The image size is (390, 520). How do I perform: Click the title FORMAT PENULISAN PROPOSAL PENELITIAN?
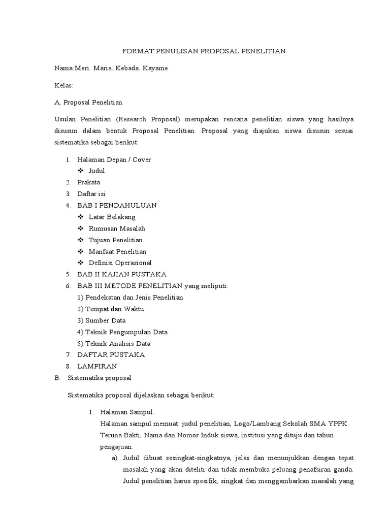pyautogui.click(x=205, y=51)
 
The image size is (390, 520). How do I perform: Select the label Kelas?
pyautogui.click(x=64, y=85)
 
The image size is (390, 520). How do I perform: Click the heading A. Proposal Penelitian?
pyautogui.click(x=88, y=102)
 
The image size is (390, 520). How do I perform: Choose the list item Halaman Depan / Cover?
pyautogui.click(x=114, y=159)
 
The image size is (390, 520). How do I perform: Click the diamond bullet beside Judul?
pyautogui.click(x=81, y=171)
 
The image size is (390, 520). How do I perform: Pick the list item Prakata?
pyautogui.click(x=89, y=182)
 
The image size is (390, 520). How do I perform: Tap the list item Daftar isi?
pyautogui.click(x=91, y=193)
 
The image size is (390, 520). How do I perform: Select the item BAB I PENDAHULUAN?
pyautogui.click(x=117, y=205)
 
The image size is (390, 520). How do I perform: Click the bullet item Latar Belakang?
pyautogui.click(x=112, y=217)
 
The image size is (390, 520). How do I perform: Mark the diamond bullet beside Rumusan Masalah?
pyautogui.click(x=81, y=229)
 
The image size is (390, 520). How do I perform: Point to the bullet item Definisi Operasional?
pyautogui.click(x=120, y=263)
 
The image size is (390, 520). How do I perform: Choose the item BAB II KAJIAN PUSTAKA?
pyautogui.click(x=122, y=274)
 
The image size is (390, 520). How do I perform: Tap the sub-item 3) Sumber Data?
pyautogui.click(x=102, y=320)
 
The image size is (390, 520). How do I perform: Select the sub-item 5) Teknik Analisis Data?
pyautogui.click(x=114, y=343)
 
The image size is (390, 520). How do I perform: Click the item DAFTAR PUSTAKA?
pyautogui.click(x=111, y=354)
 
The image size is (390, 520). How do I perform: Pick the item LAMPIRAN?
pyautogui.click(x=97, y=366)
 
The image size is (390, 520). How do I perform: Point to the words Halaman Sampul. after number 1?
pyautogui.click(x=127, y=412)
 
